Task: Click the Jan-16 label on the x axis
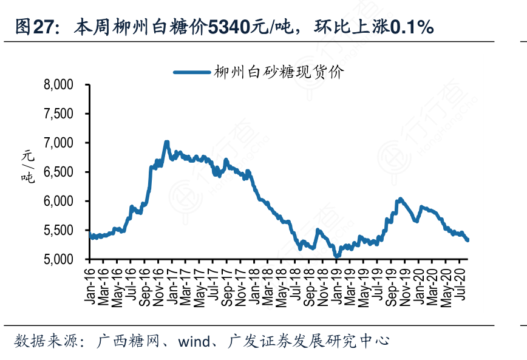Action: [x=89, y=283]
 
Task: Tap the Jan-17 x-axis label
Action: [x=172, y=283]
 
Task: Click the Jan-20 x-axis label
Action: [x=420, y=283]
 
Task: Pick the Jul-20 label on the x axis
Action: [x=461, y=283]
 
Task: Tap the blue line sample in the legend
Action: [x=191, y=72]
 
